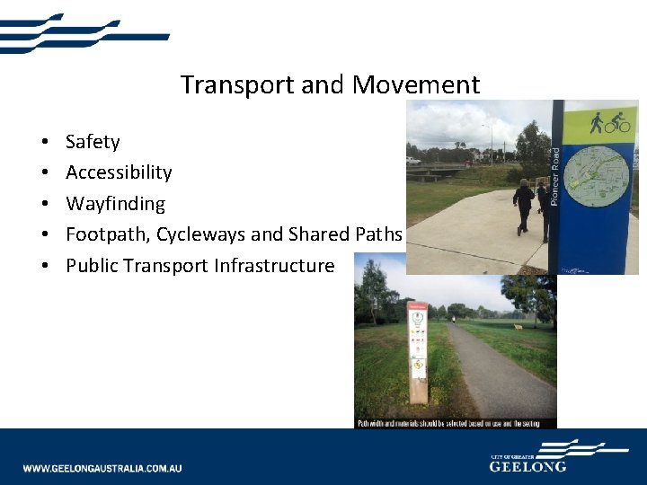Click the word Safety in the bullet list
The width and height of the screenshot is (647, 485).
tap(93, 142)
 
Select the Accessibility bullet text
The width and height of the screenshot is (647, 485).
tap(119, 172)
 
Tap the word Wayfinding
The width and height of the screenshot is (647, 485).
tap(115, 204)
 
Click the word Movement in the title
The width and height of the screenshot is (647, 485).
tap(416, 85)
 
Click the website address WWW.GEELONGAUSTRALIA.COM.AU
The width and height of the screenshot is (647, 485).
tap(102, 468)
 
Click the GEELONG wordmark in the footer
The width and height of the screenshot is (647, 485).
tap(527, 466)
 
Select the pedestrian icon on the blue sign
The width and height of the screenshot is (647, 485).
tap(595, 122)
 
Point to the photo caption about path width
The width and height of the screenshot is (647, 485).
tap(455, 423)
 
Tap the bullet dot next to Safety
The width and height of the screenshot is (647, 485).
tap(44, 143)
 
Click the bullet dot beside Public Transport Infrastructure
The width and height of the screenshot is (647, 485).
tap(44, 267)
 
